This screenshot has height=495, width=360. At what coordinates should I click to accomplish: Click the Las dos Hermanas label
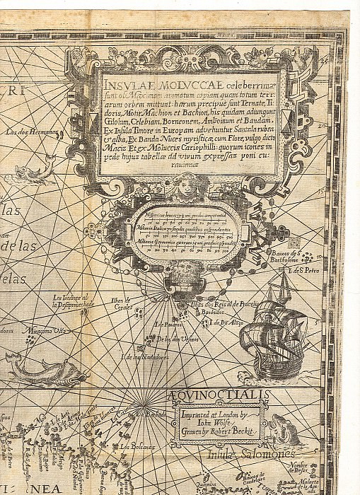pyautogui.click(x=25, y=132)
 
